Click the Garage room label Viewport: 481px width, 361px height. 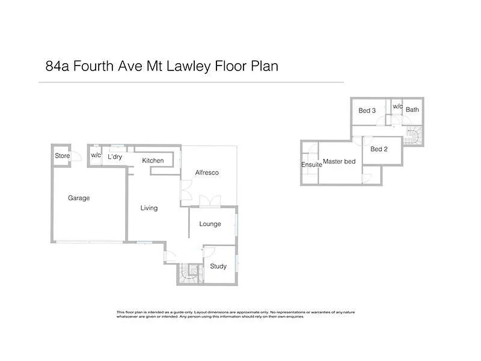click(79, 198)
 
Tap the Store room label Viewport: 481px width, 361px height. click(63, 156)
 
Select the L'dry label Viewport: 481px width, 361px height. click(115, 156)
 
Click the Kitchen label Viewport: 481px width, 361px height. click(153, 161)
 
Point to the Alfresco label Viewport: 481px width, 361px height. click(207, 173)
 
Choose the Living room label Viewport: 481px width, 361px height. click(149, 208)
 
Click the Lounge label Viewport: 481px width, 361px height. click(210, 224)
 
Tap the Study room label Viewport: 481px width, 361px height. click(218, 266)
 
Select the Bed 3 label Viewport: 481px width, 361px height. click(367, 111)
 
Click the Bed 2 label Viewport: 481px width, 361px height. click(379, 149)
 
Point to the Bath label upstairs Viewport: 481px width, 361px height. click(412, 110)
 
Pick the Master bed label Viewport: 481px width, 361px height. click(339, 161)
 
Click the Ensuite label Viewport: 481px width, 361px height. click(311, 165)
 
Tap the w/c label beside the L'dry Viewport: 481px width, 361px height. click(96, 156)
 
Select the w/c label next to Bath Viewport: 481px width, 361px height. click(397, 106)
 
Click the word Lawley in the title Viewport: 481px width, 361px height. click(185, 66)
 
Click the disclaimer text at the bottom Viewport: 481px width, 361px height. click(240, 314)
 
